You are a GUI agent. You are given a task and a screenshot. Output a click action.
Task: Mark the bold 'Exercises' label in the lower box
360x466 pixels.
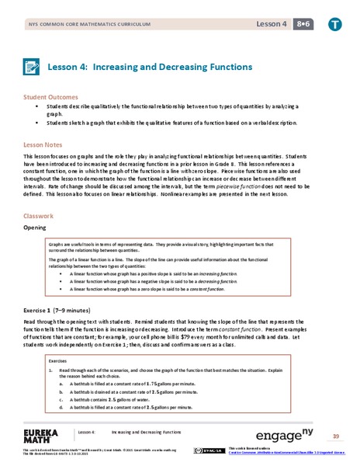tap(58, 361)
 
